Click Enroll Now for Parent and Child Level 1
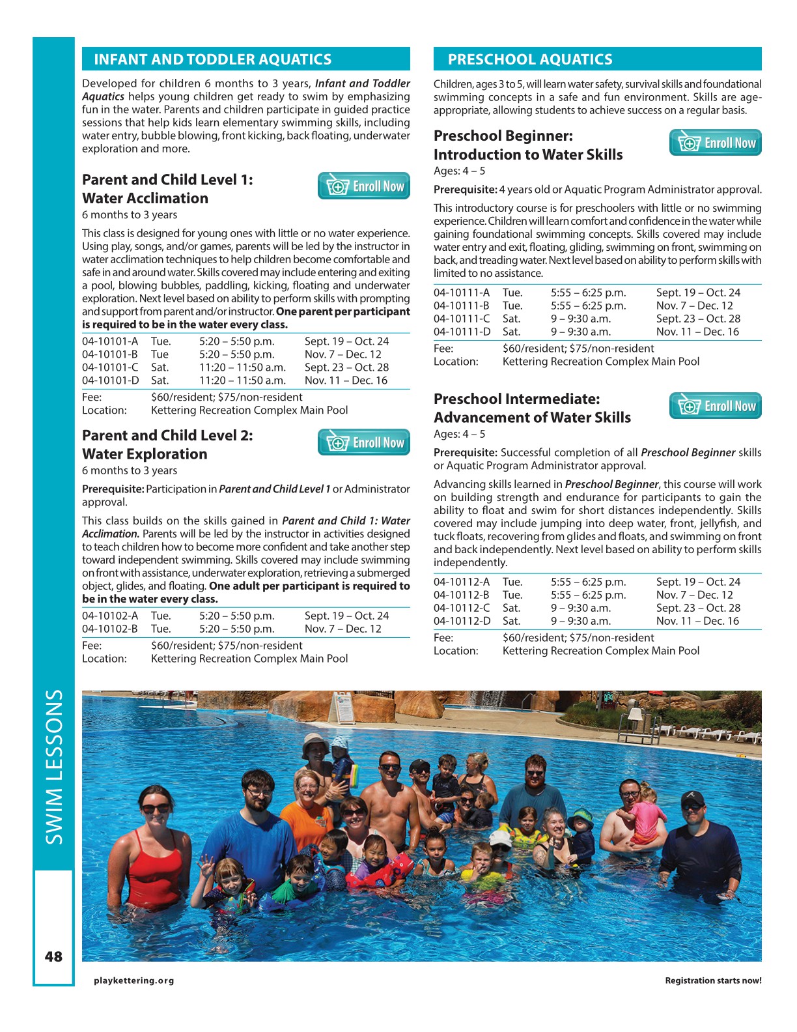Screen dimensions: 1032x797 tap(364, 186)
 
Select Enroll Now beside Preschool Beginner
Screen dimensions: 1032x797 tap(715, 143)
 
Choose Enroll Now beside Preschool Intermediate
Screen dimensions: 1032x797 tap(715, 407)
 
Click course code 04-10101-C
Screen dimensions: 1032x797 tap(110, 367)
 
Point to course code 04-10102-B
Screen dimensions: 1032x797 tap(110, 629)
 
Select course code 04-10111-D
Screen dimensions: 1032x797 tap(462, 332)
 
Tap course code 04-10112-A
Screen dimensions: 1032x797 tap(462, 582)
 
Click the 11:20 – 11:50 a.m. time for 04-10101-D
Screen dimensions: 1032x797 tap(242, 380)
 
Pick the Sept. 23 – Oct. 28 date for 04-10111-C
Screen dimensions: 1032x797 tap(698, 319)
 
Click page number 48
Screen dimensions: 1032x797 tap(53, 956)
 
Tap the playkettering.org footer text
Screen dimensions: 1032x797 tap(134, 981)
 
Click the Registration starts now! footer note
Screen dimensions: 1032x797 tap(713, 981)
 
